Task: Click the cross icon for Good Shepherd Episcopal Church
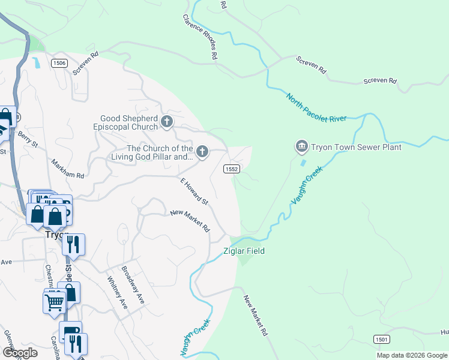[167, 122]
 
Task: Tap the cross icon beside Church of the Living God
[202, 152]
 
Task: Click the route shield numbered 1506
[59, 63]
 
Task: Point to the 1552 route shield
[232, 169]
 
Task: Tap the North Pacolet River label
[316, 108]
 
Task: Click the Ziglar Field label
[244, 251]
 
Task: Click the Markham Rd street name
[67, 168]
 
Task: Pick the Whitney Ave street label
[118, 292]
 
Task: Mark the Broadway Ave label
[133, 285]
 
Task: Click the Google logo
[20, 353]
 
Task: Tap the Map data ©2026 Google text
[412, 355]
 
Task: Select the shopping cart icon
[55, 302]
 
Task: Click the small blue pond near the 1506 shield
[37, 62]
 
